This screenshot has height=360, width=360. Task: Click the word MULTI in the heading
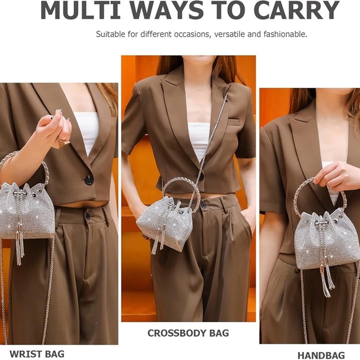tap(80, 11)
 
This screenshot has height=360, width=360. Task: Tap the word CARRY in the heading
tap(297, 11)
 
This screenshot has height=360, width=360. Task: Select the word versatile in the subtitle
tap(230, 34)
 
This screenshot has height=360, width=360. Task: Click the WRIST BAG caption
tap(37, 354)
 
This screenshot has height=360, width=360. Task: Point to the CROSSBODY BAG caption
tap(188, 333)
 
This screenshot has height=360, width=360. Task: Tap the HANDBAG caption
tap(321, 355)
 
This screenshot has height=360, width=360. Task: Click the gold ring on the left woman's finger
tap(63, 142)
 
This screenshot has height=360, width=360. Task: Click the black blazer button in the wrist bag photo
tap(89, 179)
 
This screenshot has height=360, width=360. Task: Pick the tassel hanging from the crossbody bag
tap(159, 240)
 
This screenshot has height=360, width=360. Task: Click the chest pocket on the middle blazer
tap(234, 121)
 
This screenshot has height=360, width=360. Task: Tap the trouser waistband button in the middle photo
tap(204, 205)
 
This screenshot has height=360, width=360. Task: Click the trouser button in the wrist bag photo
tap(88, 215)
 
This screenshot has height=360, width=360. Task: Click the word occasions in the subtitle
tap(191, 34)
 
